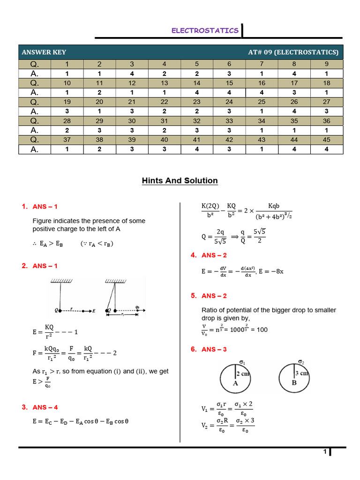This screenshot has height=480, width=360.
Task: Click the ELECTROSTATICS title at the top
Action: [205, 30]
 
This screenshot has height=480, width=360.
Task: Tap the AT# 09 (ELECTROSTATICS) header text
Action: [293, 52]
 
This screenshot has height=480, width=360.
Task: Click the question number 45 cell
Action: [326, 140]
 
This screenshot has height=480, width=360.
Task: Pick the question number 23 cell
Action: [196, 102]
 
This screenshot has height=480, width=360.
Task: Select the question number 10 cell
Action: [67, 83]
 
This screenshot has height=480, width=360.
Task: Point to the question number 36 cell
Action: [326, 121]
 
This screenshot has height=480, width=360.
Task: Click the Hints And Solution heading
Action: [180, 181]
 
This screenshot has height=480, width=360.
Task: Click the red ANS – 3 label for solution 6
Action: [214, 349]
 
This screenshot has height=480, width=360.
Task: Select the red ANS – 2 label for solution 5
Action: [214, 296]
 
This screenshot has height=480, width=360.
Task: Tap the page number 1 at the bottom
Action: [324, 452]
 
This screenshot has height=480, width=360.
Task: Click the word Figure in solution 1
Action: [42, 221]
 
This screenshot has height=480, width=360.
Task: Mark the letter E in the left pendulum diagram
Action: [94, 311]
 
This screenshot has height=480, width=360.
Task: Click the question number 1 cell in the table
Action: [67, 64]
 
